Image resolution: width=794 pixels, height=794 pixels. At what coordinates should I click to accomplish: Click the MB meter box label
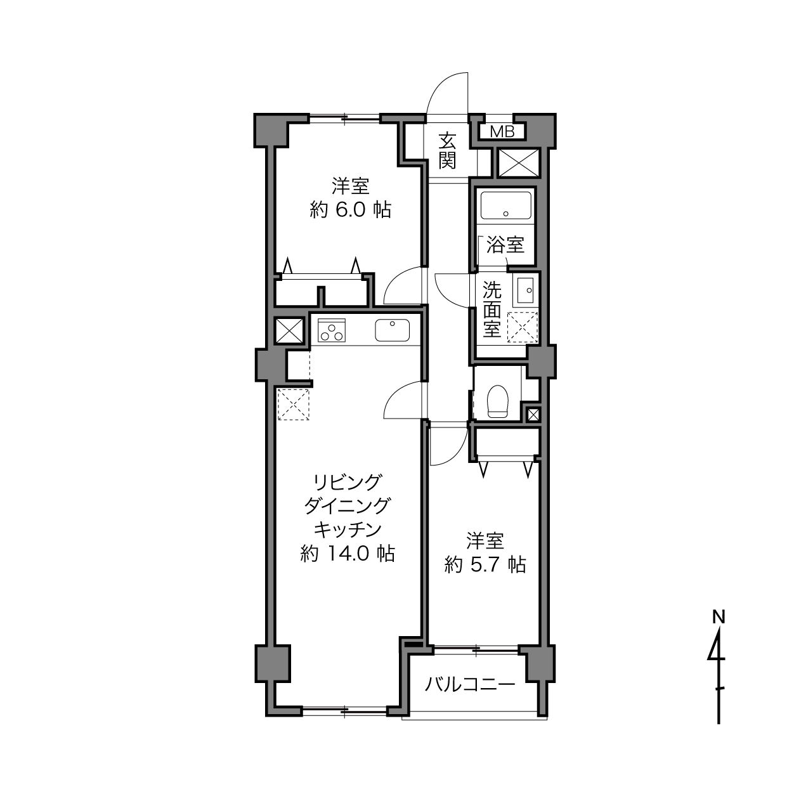tap(502, 133)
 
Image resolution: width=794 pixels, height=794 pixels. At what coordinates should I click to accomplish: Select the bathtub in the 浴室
tap(506, 205)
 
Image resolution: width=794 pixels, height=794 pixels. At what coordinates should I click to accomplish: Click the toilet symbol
tap(498, 401)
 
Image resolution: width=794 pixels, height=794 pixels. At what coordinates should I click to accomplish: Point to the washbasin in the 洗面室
tap(524, 291)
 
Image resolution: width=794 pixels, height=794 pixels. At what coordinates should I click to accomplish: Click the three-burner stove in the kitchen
tap(331, 330)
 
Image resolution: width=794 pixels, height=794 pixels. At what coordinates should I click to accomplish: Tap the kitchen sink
tap(392, 330)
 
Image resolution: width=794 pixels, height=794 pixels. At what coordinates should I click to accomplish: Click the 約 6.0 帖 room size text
tap(350, 211)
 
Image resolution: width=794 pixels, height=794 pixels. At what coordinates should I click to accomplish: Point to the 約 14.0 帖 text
tap(348, 554)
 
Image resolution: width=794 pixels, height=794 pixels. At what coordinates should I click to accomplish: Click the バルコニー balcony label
tap(470, 685)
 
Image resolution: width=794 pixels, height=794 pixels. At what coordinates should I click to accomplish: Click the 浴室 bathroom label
tap(505, 245)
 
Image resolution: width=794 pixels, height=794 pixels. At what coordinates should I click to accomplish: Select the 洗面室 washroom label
tap(492, 309)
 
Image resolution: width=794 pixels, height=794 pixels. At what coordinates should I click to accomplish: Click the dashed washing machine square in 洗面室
tap(523, 328)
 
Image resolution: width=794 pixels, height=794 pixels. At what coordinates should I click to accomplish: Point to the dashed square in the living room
tap(294, 404)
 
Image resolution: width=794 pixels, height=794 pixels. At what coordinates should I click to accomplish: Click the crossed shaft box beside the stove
tap(289, 330)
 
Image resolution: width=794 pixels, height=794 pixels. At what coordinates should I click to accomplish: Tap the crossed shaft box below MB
tap(519, 163)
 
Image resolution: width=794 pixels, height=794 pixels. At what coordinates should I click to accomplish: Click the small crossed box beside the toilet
tap(533, 415)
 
